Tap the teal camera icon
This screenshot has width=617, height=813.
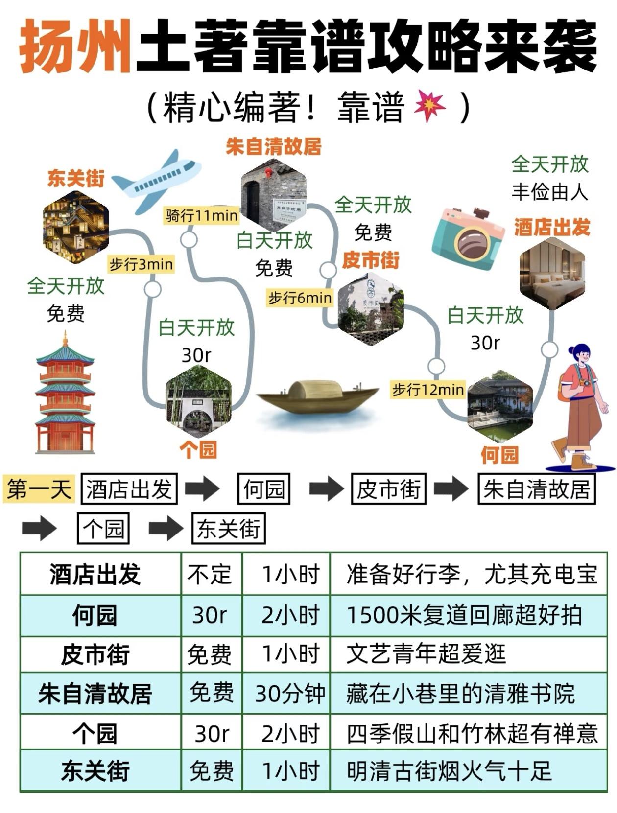pos(468,238)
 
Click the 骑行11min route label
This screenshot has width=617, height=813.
pos(201,215)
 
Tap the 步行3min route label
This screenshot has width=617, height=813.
pos(141,264)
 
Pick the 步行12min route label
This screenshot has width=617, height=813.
pos(428,390)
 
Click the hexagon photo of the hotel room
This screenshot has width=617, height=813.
pos(552,273)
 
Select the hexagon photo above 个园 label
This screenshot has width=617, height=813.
pos(199,401)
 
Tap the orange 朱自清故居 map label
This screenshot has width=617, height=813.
pos(273,146)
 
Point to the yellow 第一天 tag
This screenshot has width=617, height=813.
pos(39,488)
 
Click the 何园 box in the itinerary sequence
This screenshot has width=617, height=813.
pos(263,488)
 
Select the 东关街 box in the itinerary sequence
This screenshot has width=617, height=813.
pos(228,528)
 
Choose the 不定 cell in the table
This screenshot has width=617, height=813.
pos(210,575)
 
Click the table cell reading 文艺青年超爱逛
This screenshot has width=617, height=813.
pos(426,654)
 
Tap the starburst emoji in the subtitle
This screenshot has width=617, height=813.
pos(430,106)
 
